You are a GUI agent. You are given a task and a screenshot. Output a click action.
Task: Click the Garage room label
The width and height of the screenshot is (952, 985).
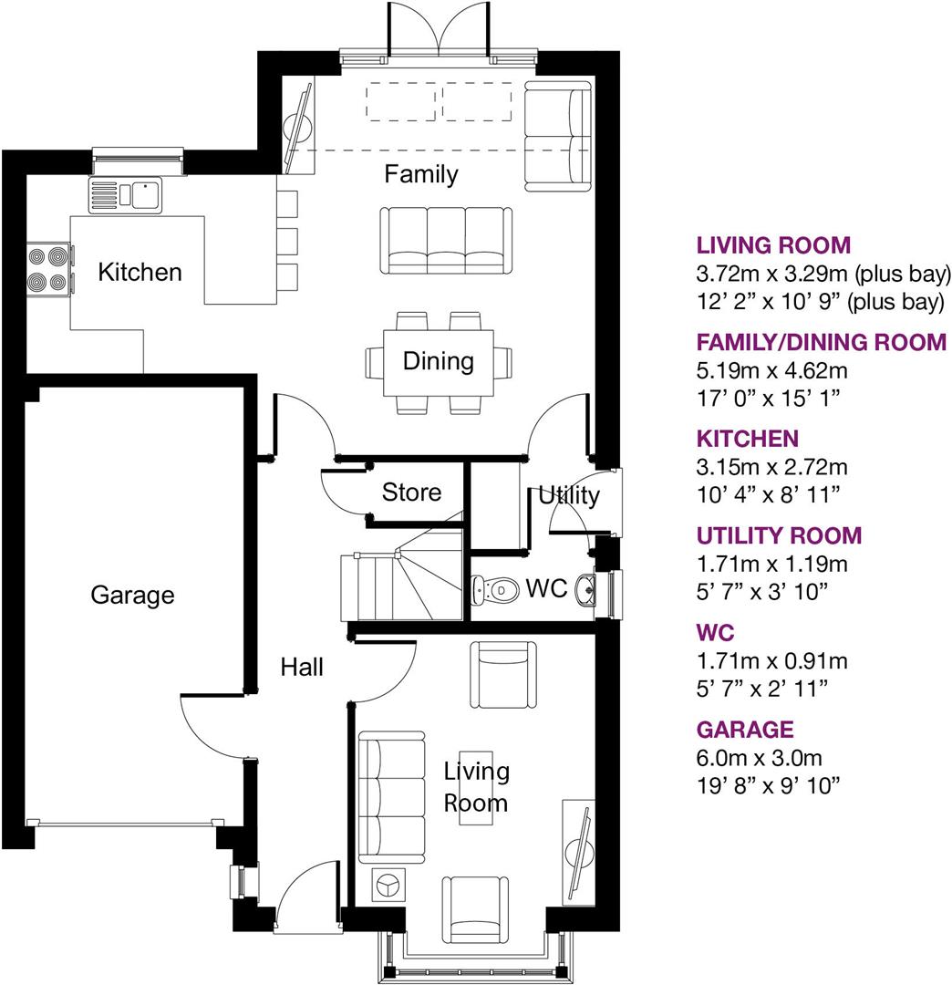(x=132, y=596)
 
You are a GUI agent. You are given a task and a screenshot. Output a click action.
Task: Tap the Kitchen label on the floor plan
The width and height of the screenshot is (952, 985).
(x=140, y=272)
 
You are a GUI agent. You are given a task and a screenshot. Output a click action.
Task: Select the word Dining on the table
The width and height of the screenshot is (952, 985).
(x=439, y=361)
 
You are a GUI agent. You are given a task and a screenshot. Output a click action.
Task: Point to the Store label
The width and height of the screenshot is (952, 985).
(x=411, y=493)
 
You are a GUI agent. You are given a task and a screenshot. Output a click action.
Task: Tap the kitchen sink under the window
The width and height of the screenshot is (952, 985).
(x=126, y=194)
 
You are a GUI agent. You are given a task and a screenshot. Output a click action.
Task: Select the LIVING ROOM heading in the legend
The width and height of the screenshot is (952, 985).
(x=773, y=245)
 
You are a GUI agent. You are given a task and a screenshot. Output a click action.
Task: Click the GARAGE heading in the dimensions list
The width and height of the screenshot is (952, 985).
(x=745, y=730)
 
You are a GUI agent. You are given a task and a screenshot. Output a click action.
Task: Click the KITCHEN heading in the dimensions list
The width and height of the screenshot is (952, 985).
(x=747, y=439)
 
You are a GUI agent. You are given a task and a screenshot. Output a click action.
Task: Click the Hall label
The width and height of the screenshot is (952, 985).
(x=302, y=668)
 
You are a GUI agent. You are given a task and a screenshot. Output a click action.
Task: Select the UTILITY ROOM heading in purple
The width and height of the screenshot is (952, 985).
(x=779, y=535)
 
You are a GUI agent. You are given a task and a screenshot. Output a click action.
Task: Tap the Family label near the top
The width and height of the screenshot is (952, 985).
(x=420, y=173)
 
